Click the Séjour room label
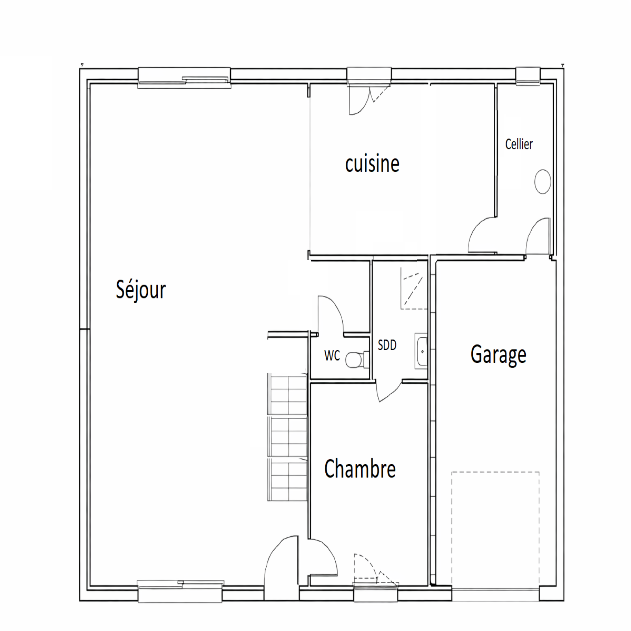click(x=141, y=290)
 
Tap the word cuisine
click(x=372, y=164)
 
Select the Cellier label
click(x=519, y=144)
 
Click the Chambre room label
click(x=360, y=469)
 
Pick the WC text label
click(x=332, y=355)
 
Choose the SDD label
click(x=387, y=345)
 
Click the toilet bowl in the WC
click(x=357, y=359)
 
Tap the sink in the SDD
click(x=421, y=351)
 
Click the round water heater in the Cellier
click(x=543, y=181)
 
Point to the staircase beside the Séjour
click(x=287, y=437)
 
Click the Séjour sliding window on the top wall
click(x=184, y=78)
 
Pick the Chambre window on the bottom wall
click(x=376, y=592)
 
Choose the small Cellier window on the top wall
click(x=528, y=76)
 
